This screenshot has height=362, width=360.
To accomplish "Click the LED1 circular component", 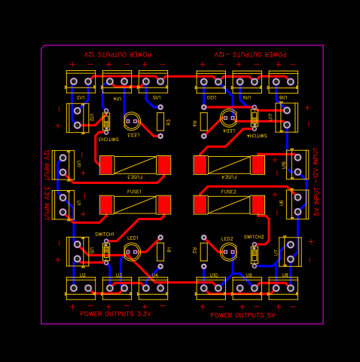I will [x=132, y=252].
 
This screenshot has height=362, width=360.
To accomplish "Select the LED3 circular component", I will [x=132, y=121].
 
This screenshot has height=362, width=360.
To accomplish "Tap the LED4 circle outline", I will [x=229, y=117].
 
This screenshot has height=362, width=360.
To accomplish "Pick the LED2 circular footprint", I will [x=228, y=253].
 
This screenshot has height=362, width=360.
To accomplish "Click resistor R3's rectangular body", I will [x=160, y=121].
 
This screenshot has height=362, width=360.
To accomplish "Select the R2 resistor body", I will [x=204, y=252].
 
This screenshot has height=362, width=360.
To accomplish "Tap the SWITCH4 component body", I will [x=255, y=119].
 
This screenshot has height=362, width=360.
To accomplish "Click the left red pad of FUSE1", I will [x=106, y=204].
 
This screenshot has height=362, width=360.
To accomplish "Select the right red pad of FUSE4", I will [x=258, y=164].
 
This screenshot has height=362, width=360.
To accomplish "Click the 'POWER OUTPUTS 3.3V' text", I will [x=115, y=314].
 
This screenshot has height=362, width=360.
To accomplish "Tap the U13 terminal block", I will [x=81, y=81].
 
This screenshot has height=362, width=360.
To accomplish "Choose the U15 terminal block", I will [x=153, y=81].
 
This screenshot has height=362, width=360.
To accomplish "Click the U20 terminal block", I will [x=211, y=81].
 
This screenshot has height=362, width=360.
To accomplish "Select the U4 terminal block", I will [x=153, y=287].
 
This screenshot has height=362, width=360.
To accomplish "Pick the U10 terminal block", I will [x=211, y=287].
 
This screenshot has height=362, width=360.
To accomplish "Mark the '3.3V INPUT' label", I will [x=47, y=203].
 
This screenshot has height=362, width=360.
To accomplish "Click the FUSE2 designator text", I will [x=228, y=192].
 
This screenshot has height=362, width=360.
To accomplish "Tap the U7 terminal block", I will [x=290, y=252].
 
